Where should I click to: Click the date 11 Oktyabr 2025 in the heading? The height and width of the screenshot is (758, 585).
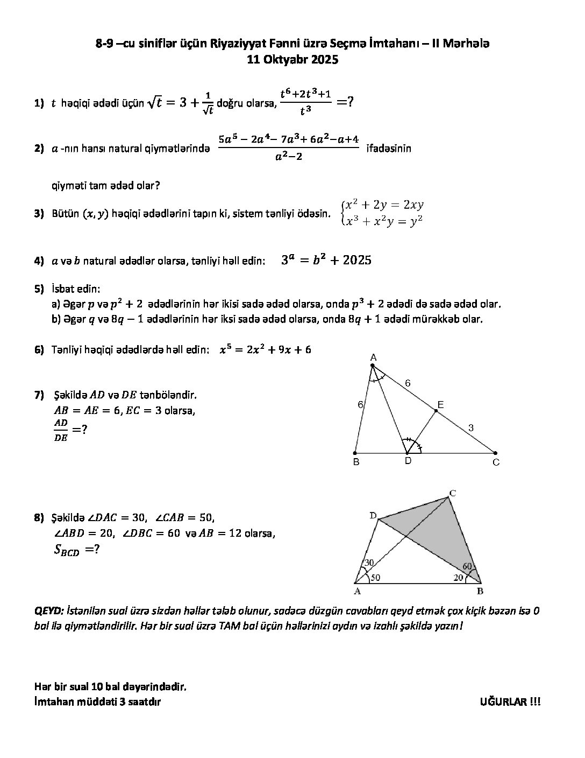coord(292,60)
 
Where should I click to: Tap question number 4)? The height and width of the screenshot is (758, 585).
coord(39,261)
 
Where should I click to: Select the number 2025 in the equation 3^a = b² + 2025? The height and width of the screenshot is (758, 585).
coord(357,260)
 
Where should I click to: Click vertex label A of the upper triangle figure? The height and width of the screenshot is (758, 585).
coord(373,357)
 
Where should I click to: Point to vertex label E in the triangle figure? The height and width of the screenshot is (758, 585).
coord(440,405)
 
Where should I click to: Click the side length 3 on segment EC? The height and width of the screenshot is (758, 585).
coord(470,428)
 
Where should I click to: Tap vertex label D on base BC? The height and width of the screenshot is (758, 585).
coord(408,461)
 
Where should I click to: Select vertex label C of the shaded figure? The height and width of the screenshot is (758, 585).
coord(453,493)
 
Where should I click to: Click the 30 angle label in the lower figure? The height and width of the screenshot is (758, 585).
coord(369,563)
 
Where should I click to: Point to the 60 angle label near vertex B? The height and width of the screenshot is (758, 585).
coord(467,566)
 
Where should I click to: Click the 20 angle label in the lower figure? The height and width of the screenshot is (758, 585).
coord(458,578)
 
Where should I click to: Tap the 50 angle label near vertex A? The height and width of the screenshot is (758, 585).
coord(375,578)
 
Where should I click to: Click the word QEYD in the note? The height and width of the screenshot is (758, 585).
coord(48,611)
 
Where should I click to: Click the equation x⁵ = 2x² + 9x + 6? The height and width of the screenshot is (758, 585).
coord(265,349)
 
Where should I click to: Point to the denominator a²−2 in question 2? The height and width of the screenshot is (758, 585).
coord(289,157)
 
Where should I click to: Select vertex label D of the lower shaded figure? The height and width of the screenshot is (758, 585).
coord(373,516)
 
